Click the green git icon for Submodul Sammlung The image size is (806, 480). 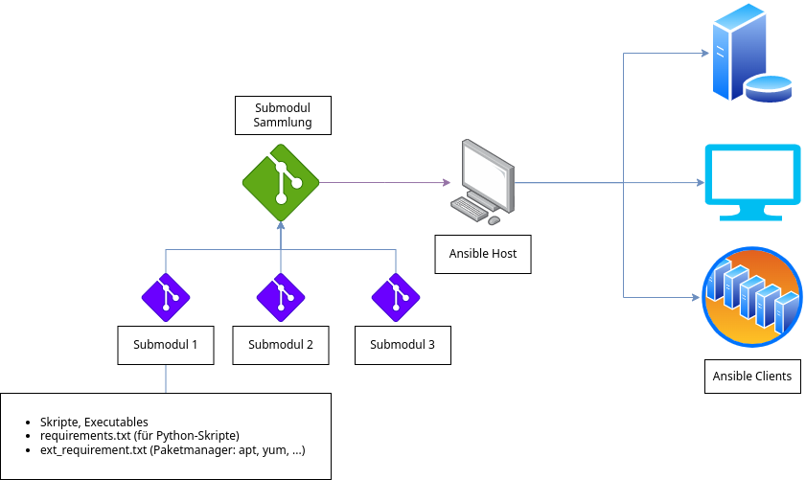(x=281, y=181)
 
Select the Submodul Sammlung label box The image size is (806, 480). (x=282, y=115)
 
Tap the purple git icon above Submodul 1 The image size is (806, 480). (x=166, y=297)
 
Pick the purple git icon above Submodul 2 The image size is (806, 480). (x=281, y=297)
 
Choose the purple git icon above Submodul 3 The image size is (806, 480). (x=395, y=297)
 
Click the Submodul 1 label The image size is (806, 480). (x=165, y=345)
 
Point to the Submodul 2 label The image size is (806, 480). (x=281, y=345)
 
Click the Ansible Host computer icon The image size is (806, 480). (x=485, y=178)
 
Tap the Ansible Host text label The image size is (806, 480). (x=483, y=254)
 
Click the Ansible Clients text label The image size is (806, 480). (x=751, y=376)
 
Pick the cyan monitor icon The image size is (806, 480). (x=751, y=182)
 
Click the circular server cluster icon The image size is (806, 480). (x=751, y=296)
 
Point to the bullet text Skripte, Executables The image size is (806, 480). (x=94, y=423)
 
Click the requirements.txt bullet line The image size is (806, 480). (x=139, y=436)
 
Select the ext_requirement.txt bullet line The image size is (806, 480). (x=172, y=449)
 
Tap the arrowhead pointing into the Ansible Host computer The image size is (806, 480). (x=446, y=182)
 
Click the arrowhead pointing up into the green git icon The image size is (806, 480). (x=281, y=226)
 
